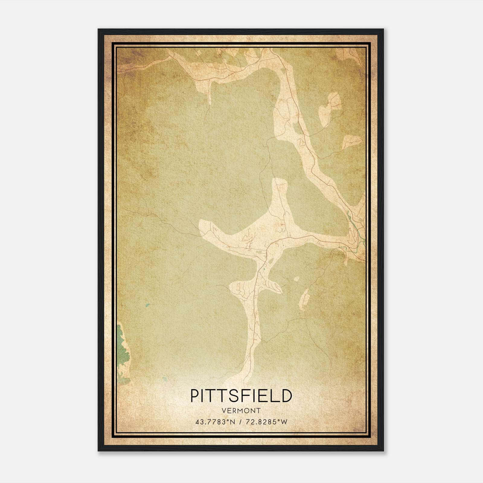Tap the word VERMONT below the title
[x=241, y=411]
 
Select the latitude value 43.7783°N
[x=215, y=422]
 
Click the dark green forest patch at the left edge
[x=123, y=353]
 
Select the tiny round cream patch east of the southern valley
[x=297, y=279]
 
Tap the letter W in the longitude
[x=285, y=422]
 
